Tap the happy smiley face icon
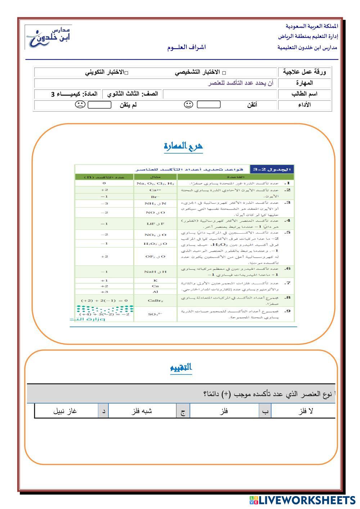188,105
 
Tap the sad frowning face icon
80,105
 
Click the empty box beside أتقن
208,105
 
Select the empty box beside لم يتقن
99,105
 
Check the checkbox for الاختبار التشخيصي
225,73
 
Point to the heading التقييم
181,368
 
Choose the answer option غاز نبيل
65,411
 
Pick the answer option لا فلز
306,411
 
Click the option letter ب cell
265,411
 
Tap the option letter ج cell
183,411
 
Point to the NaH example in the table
156,272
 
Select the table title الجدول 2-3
272,169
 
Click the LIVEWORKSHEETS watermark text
307,500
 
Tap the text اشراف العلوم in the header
186,48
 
